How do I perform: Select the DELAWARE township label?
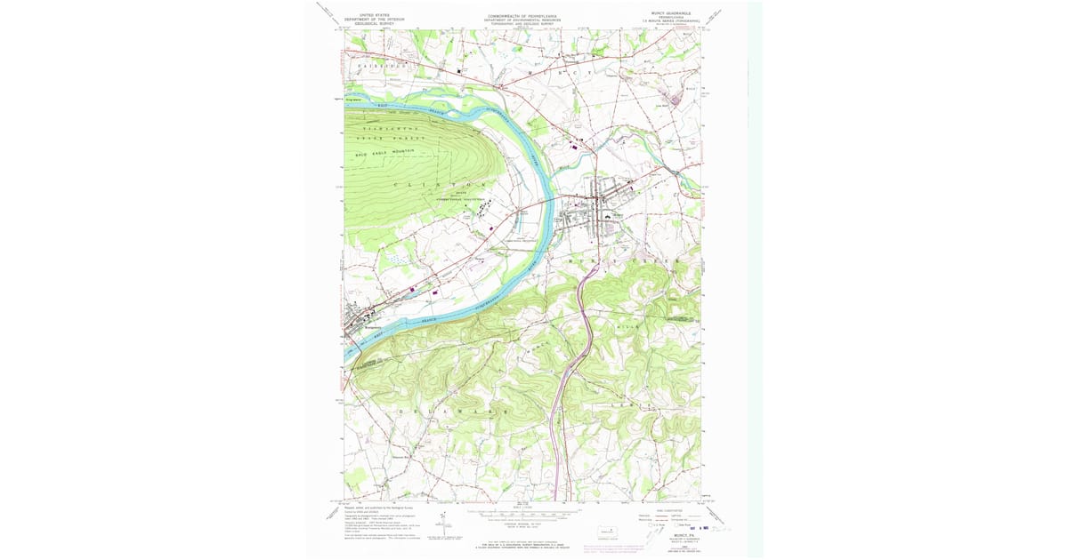(x=454, y=412)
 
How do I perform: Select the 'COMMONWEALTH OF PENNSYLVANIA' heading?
(x=522, y=15)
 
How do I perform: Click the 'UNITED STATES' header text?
(x=374, y=15)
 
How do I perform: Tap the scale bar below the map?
(x=522, y=515)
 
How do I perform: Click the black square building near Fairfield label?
(x=460, y=70)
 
